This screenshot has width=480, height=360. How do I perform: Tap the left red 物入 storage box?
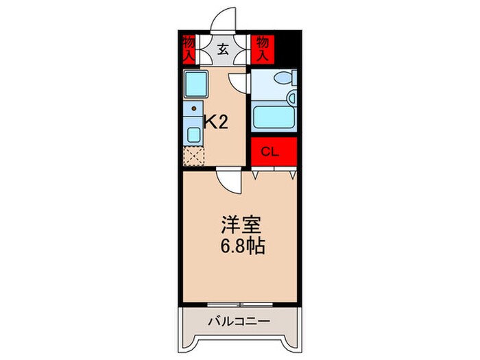[x=189, y=49]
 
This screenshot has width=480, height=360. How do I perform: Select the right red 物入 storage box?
[x=261, y=49]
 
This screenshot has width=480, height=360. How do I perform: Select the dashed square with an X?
[x=194, y=156]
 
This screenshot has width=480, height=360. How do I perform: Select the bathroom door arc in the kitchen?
[x=239, y=82]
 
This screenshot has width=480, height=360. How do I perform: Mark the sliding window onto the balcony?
[x=239, y=302]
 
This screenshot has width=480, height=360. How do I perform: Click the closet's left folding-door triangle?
[x=255, y=176]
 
